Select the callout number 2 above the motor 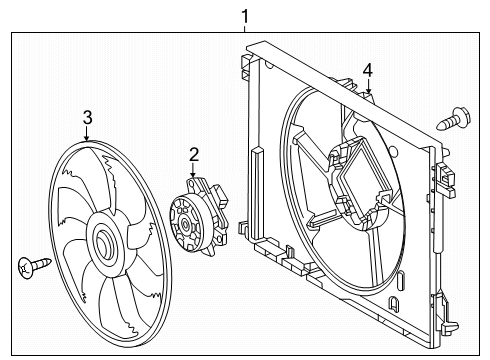pos(194,153)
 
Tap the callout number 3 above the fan pos(87,118)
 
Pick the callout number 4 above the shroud pos(368,70)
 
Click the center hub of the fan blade pos(105,243)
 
